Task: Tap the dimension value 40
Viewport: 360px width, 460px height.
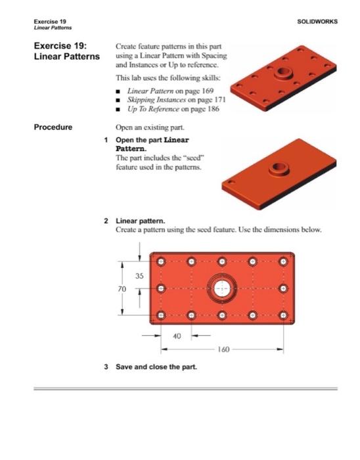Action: (x=177, y=335)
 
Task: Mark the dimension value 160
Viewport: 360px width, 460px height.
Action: (x=220, y=348)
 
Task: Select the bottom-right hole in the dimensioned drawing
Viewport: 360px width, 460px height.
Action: (x=284, y=315)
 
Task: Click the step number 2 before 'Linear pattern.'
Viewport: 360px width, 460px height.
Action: (x=106, y=221)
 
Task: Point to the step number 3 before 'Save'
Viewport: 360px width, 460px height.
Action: (x=106, y=365)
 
